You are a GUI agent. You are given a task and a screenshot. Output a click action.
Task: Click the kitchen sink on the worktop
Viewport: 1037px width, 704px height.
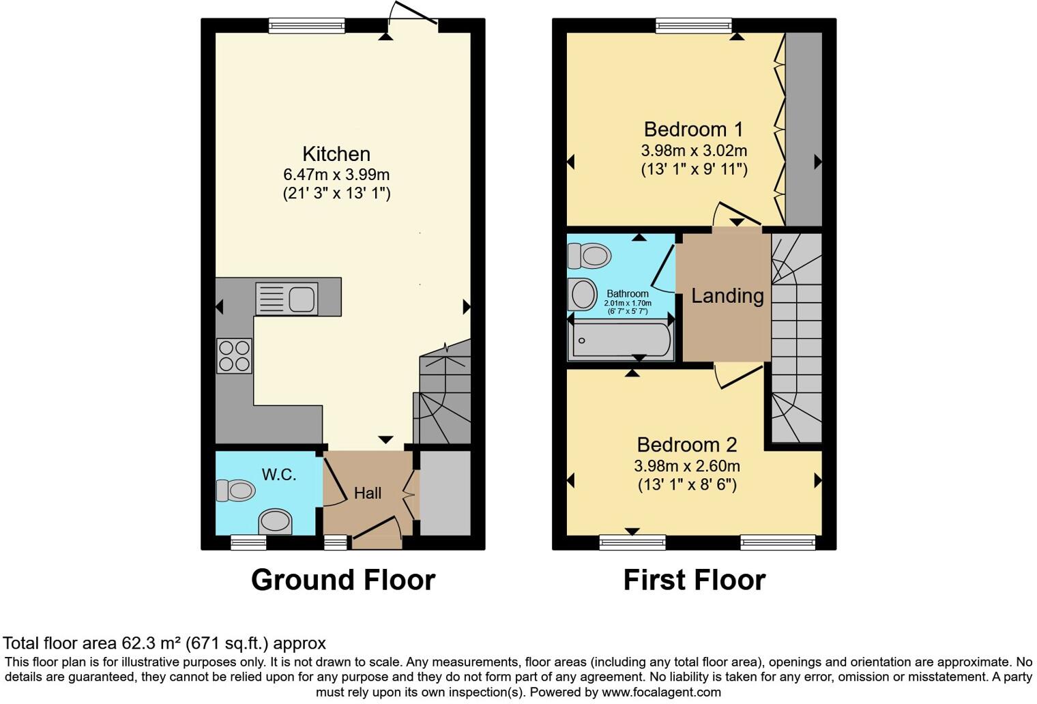coord(287,299)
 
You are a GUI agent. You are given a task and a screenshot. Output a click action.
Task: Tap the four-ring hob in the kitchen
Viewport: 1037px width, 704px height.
coord(234,355)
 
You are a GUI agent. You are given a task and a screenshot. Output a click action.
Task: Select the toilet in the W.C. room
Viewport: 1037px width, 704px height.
coord(235,490)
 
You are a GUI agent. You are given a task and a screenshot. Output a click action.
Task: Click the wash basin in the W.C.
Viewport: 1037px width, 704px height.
coord(275,522)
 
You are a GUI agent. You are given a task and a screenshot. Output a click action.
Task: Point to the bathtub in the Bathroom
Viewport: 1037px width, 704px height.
coord(622,340)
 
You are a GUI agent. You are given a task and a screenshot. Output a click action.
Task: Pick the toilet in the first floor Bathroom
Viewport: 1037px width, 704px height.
coord(589,256)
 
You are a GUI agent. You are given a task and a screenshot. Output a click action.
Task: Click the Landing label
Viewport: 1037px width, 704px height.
coord(727,295)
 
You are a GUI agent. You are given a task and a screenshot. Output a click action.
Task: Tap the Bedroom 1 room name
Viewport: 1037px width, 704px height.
coord(693,129)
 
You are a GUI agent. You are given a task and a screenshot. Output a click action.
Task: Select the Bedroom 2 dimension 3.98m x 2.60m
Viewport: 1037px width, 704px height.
coord(686,467)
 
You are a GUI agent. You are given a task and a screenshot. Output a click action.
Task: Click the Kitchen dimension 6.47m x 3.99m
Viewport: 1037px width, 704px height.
coord(336,175)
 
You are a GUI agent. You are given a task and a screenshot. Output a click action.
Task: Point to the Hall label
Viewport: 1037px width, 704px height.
coord(368,493)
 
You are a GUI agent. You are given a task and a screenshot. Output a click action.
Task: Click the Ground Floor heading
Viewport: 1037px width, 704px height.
coord(343,580)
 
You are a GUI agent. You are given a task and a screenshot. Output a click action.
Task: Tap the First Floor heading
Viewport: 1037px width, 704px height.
coord(695,580)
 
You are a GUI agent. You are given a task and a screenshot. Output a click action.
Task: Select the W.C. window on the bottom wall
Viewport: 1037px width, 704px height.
coord(248,542)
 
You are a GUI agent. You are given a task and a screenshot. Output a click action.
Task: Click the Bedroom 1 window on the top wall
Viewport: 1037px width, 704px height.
coord(693,26)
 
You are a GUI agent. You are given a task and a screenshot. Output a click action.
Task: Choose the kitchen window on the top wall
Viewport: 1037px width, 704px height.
coord(307,26)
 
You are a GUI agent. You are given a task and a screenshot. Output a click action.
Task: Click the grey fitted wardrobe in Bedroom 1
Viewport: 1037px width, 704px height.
coord(803,130)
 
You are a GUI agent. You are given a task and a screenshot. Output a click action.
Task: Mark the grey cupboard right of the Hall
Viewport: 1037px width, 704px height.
coord(445,493)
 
